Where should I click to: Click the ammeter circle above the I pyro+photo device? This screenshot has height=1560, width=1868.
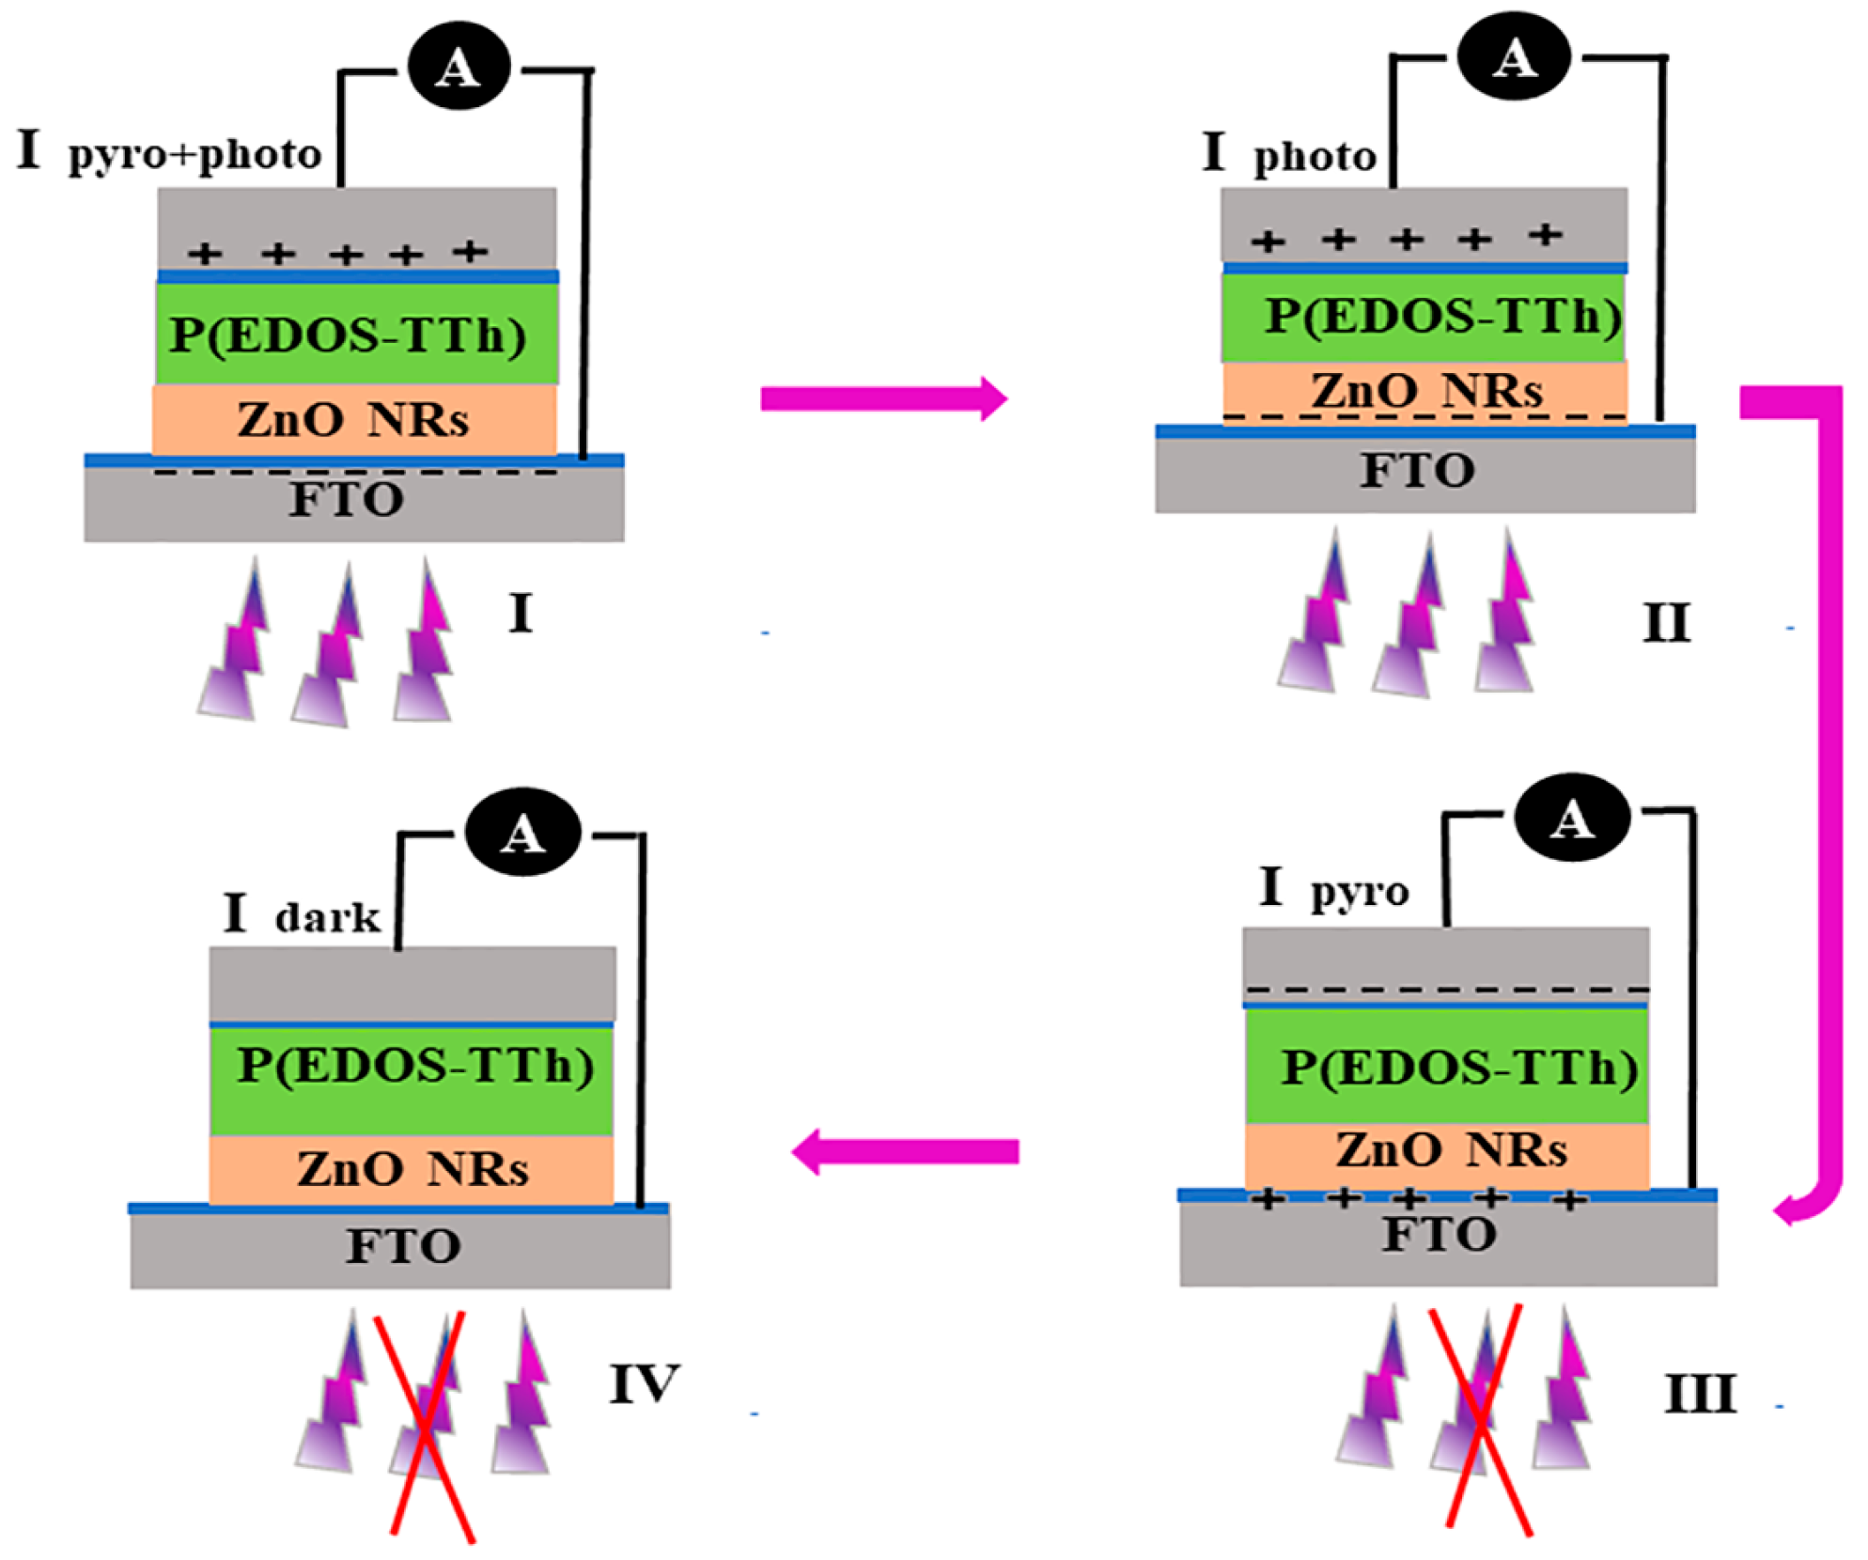459,67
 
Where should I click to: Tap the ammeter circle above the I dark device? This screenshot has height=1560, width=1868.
522,833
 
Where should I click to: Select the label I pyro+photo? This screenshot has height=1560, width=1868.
169,151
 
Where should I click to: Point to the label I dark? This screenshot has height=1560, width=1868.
301,913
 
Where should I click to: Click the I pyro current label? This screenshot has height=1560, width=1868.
1333,888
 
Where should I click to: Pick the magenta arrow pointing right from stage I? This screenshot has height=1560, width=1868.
883,398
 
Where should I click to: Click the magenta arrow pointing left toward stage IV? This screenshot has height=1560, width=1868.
904,1151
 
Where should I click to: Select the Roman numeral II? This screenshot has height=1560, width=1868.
1666,622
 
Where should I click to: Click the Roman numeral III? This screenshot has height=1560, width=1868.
1700,1394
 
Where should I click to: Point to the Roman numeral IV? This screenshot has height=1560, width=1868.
644,1384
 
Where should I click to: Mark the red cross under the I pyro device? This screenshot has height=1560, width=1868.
1483,1420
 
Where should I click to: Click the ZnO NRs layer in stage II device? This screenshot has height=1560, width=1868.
1424,390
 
